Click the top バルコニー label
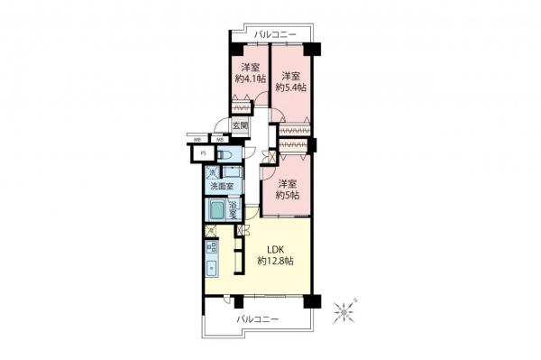pyautogui.click(x=270, y=33)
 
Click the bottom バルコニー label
pyautogui.click(x=257, y=319)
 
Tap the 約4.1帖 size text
pyautogui.click(x=252, y=79)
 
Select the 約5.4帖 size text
pyautogui.click(x=291, y=88)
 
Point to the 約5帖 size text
pyautogui.click(x=287, y=194)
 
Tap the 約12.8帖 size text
pyautogui.click(x=275, y=261)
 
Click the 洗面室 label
pyautogui.click(x=222, y=187)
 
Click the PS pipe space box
pyautogui.click(x=205, y=154)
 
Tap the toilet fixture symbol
pyautogui.click(x=226, y=154)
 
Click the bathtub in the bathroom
pyautogui.click(x=215, y=212)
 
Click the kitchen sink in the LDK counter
pyautogui.click(x=211, y=267)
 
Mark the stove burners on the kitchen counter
pyautogui.click(x=211, y=245)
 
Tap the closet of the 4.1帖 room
pyautogui.click(x=243, y=112)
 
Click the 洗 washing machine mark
pyautogui.click(x=213, y=172)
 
